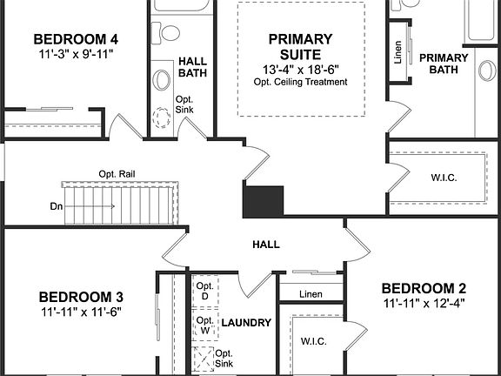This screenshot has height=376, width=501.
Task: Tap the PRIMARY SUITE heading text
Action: click(x=300, y=46)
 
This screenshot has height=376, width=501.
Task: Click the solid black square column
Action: click(x=264, y=202)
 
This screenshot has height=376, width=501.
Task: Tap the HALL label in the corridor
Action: click(x=266, y=245)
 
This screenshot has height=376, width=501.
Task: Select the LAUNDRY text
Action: click(x=246, y=323)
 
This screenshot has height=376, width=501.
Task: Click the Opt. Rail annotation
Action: click(x=117, y=173)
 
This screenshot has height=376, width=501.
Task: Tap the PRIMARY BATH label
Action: click(x=444, y=64)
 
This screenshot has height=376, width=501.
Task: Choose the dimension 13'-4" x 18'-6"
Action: click(x=301, y=69)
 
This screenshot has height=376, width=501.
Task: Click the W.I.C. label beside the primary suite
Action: click(x=444, y=178)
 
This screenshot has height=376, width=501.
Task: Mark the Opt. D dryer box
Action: click(x=205, y=291)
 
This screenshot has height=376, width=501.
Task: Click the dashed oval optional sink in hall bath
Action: click(x=162, y=117)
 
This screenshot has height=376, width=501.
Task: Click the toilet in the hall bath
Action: click(x=170, y=32)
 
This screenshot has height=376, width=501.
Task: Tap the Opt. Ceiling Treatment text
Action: click(x=301, y=83)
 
